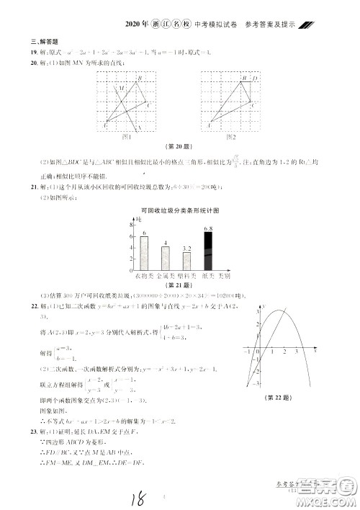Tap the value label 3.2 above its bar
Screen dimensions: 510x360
pos(186,248)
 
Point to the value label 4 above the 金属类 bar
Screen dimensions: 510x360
pos(166,242)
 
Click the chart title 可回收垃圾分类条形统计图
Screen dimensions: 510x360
pos(180,210)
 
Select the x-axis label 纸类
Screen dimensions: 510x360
pos(206,275)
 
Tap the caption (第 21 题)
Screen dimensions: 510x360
pos(180,285)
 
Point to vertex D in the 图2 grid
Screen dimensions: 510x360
pos(256,78)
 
